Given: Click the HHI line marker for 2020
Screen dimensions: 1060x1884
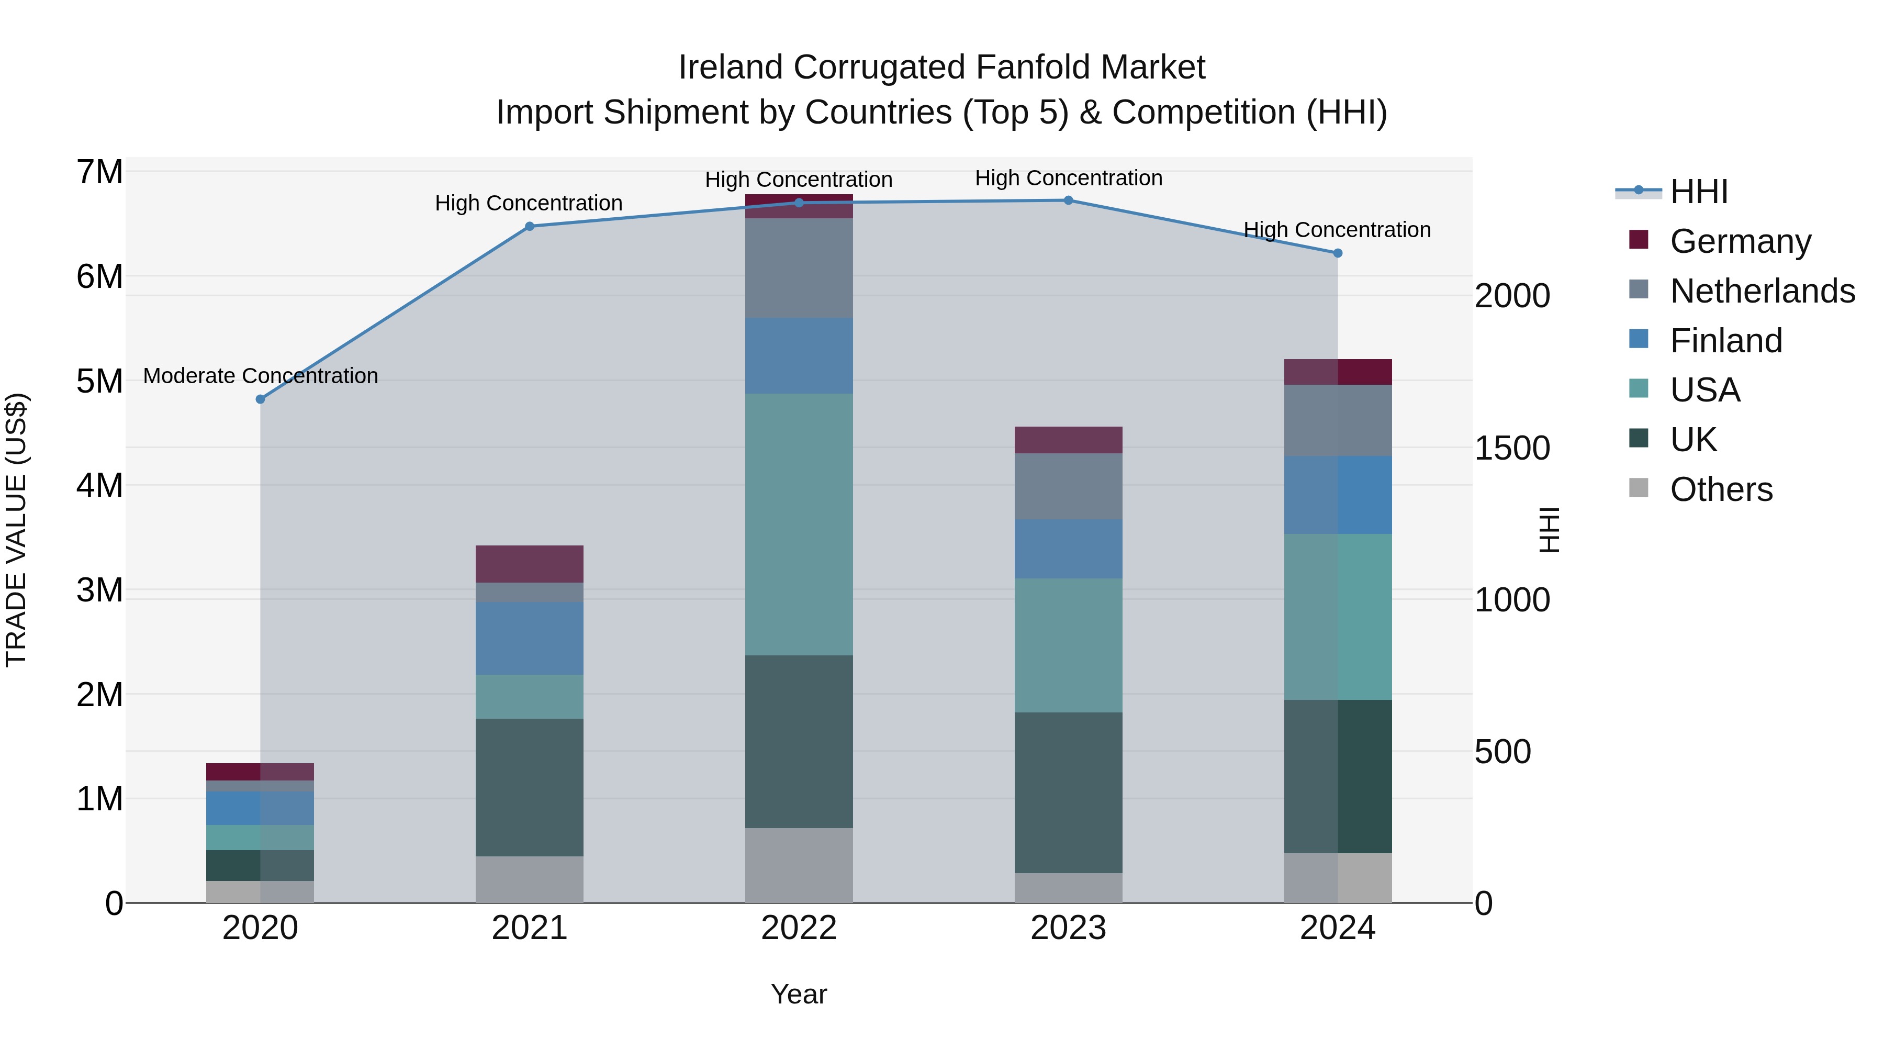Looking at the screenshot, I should point(261,399).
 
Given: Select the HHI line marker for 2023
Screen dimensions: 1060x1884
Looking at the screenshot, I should point(1069,200).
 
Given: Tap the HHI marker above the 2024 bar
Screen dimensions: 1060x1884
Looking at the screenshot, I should point(1338,253).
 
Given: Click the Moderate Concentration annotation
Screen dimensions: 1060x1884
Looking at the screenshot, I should point(261,376).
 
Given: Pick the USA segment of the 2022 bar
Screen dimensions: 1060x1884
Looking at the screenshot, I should point(799,524).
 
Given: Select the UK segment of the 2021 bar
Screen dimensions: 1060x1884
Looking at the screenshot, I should point(530,787).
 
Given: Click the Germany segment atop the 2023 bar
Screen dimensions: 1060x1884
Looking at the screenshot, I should point(1069,440).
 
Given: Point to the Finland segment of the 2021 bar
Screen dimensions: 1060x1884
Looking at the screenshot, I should point(530,638).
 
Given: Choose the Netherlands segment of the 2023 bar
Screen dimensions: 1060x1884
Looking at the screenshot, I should point(1069,486).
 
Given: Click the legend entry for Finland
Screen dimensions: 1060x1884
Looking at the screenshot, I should point(1726,341).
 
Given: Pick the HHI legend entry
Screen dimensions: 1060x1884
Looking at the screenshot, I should point(1699,192).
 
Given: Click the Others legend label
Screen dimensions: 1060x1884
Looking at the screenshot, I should point(1722,489).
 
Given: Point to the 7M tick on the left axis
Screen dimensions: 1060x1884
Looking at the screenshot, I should point(99,173).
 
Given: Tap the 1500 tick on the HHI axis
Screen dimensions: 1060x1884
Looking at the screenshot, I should point(1512,449).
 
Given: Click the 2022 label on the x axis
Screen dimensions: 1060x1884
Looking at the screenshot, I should point(799,928).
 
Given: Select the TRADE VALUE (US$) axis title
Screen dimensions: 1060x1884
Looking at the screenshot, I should point(16,530).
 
